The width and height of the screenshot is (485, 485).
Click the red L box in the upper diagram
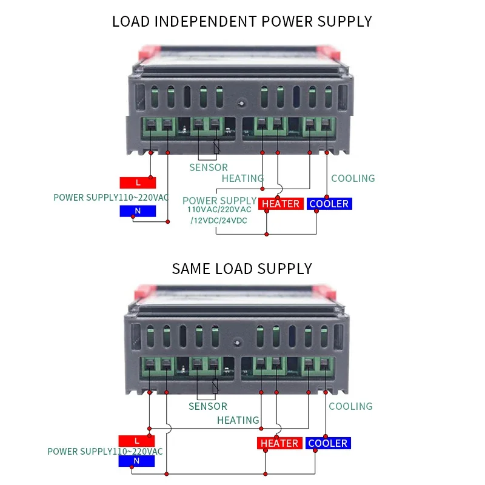[x=138, y=182]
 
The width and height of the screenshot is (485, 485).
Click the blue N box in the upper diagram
[x=138, y=211]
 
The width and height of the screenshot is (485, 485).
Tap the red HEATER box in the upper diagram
[x=281, y=204]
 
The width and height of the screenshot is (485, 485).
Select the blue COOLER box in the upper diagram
[x=329, y=204]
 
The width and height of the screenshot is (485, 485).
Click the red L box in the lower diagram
[x=136, y=441]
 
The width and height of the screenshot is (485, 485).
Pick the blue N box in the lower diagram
[x=136, y=461]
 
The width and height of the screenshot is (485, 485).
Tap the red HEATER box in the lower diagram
[x=279, y=443]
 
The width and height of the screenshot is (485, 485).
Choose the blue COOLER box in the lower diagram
[x=328, y=443]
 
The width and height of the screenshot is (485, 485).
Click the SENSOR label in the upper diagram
[x=209, y=167]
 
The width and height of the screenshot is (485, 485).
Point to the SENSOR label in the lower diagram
[x=208, y=406]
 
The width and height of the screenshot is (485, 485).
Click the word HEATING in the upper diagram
[x=242, y=178]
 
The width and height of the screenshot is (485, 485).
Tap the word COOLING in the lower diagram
[x=350, y=406]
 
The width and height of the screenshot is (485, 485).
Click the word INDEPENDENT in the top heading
[x=206, y=22]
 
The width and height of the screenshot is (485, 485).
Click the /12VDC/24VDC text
[x=219, y=221]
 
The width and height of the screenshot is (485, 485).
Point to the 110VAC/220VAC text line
[x=219, y=209]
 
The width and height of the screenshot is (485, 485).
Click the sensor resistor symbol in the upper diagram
[x=216, y=146]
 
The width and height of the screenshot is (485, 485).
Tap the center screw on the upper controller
[x=242, y=103]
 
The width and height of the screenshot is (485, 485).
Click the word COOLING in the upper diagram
[x=353, y=178]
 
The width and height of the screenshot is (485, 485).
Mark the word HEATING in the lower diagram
[x=238, y=420]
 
